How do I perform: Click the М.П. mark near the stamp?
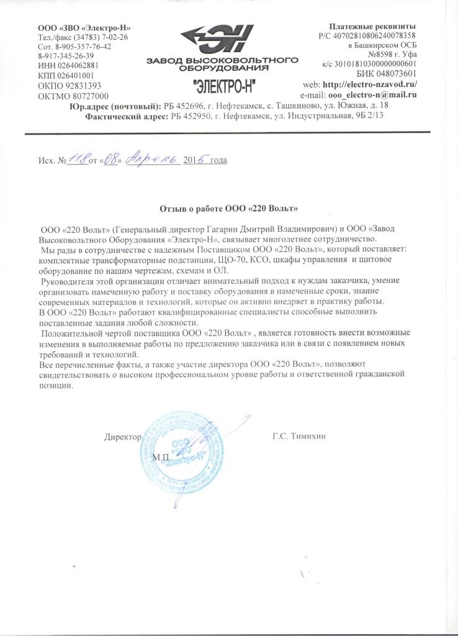pos(160,457)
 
